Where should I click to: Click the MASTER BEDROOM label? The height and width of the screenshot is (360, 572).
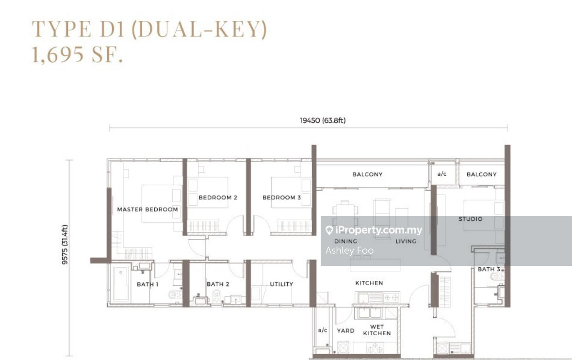[x=147, y=210]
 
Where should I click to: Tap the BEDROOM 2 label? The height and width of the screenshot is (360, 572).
[x=218, y=197]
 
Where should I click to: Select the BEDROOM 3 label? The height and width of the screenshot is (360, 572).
[x=281, y=197]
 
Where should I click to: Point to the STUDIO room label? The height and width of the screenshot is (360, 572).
[x=471, y=219]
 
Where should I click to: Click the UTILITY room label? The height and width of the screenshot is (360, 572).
[x=281, y=284]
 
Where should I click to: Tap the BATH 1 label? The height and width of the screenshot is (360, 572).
[x=147, y=284]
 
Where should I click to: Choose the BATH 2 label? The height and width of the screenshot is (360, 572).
[x=218, y=284]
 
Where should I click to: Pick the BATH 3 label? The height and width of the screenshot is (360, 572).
[x=489, y=269]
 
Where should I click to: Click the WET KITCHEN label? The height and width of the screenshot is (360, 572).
[x=377, y=330]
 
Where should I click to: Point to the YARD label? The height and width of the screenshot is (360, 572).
[x=345, y=331]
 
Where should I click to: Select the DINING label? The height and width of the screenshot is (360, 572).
[x=345, y=241]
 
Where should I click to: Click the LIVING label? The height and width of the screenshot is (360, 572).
[x=406, y=241]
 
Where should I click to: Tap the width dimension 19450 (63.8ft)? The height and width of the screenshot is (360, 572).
[x=323, y=120]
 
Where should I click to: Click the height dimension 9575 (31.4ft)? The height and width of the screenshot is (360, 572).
[x=65, y=245]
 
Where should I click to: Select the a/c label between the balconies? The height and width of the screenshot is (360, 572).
[x=442, y=174]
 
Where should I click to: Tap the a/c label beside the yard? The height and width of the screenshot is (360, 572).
[x=323, y=330]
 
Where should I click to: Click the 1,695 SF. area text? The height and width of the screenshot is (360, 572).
[x=77, y=55]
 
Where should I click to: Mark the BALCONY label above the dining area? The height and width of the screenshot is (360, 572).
[x=367, y=174]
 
